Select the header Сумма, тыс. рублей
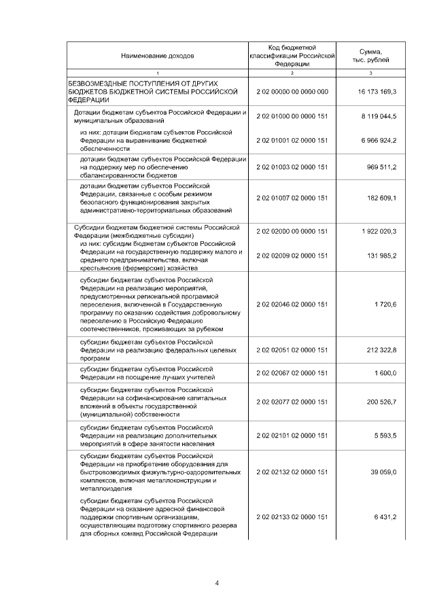pyautogui.click(x=370, y=55)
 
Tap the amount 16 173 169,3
pyautogui.click(x=377, y=90)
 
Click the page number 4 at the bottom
pyautogui.click(x=217, y=582)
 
